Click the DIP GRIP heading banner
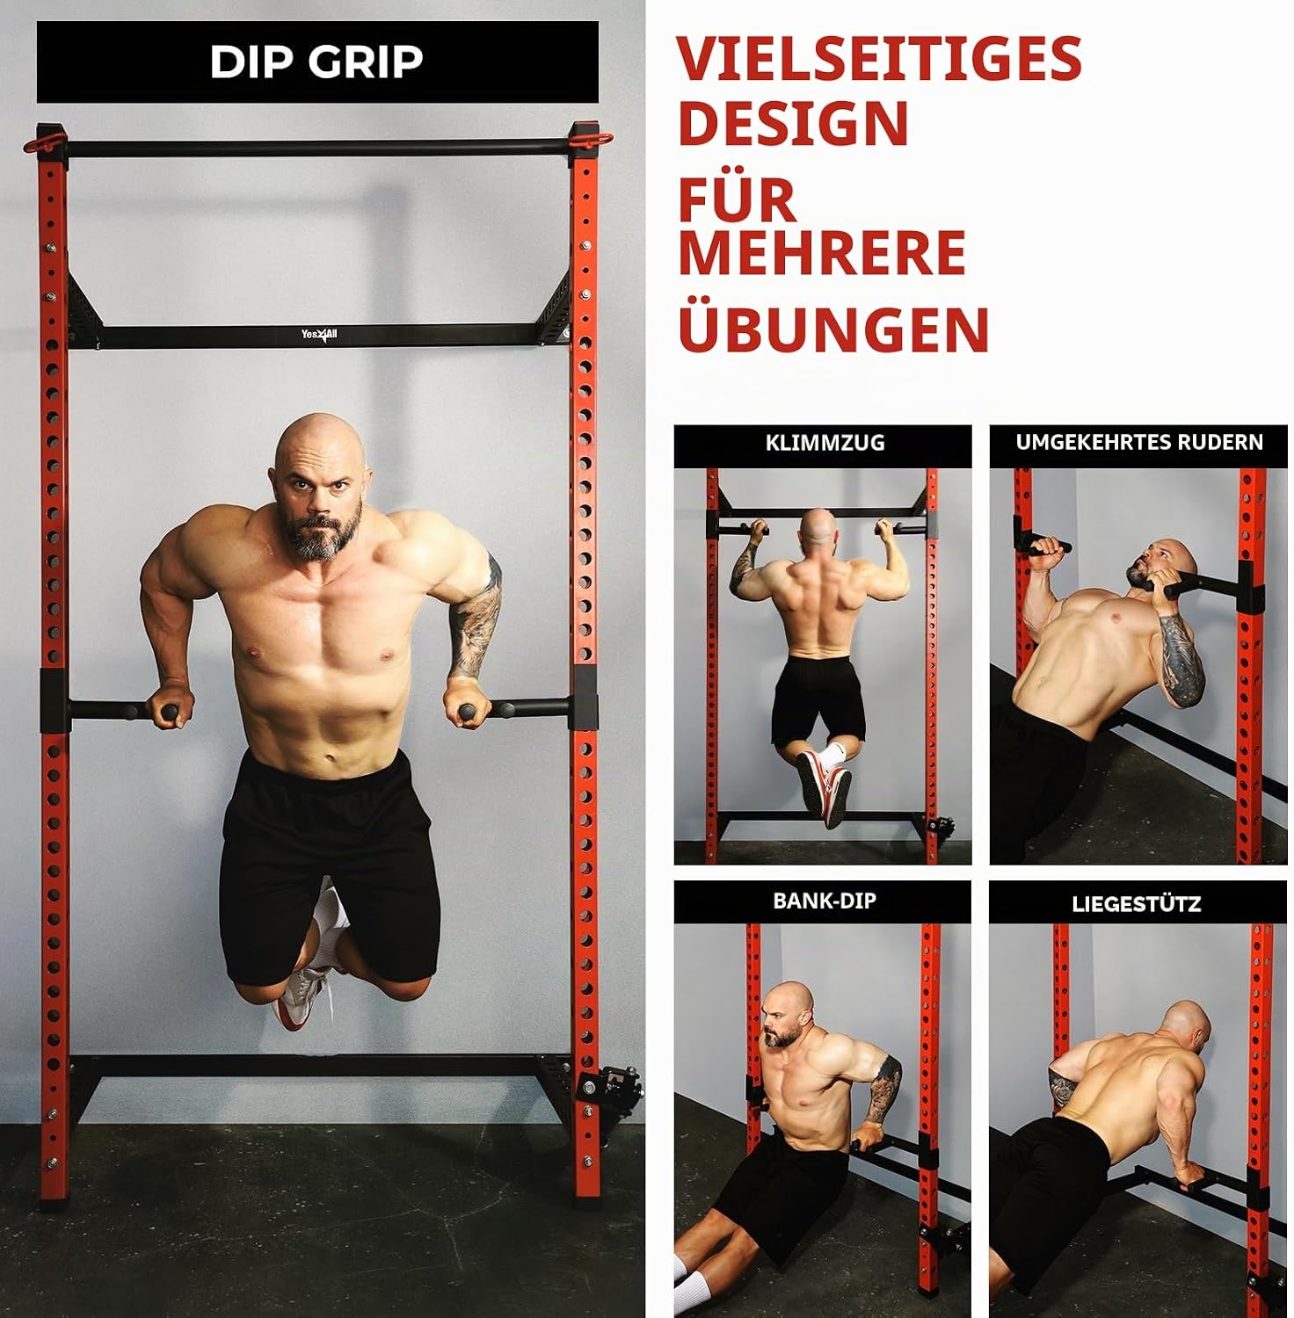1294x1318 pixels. [317, 62]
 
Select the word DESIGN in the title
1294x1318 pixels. [793, 123]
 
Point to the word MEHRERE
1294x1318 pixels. [822, 253]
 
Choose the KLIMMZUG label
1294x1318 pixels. [825, 443]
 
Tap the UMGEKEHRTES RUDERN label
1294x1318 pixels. [1139, 442]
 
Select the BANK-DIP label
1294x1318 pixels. [825, 901]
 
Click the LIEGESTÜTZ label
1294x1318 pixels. [1136, 903]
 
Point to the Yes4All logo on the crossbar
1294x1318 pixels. [319, 335]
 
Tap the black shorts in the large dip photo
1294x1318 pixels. [330, 865]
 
